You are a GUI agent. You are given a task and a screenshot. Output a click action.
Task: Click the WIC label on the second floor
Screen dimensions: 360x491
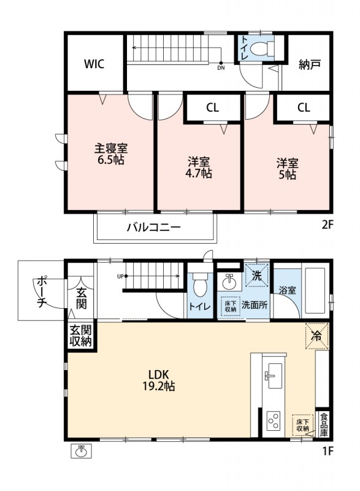tap(94, 64)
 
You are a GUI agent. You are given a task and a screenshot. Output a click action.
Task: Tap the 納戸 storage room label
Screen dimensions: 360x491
tap(309, 64)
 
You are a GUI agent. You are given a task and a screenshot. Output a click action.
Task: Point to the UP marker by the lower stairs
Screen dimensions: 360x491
tap(120, 276)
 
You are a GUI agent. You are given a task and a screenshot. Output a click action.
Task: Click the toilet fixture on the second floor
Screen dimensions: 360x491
tap(262, 48)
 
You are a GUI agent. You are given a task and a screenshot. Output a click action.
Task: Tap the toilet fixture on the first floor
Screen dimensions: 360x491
tap(200, 284)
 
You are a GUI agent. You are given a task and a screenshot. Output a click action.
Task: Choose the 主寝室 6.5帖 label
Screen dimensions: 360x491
tap(111, 154)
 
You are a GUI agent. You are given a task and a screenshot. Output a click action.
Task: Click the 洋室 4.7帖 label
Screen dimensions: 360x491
tap(198, 168)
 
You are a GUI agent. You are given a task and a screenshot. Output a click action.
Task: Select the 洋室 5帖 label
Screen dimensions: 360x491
tap(287, 169)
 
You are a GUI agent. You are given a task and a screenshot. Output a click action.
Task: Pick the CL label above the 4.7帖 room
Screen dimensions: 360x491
tap(212, 108)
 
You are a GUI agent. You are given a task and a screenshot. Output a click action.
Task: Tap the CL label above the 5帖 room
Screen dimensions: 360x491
tap(304, 108)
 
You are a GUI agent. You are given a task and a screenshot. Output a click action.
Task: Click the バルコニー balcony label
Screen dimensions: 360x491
tap(153, 227)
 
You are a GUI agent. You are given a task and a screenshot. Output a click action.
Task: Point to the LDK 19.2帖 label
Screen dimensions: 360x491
tap(159, 380)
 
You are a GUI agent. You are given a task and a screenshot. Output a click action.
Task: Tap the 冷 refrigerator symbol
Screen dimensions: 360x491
tap(317, 336)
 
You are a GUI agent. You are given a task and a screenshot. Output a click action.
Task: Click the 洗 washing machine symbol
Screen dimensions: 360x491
tap(257, 275)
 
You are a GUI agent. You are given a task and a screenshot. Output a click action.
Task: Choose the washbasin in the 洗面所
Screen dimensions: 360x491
tap(229, 282)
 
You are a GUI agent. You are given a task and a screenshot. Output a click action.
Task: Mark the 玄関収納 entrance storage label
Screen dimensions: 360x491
tap(80, 336)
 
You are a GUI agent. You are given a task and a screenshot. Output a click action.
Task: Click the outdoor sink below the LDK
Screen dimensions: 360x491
tap(82, 451)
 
